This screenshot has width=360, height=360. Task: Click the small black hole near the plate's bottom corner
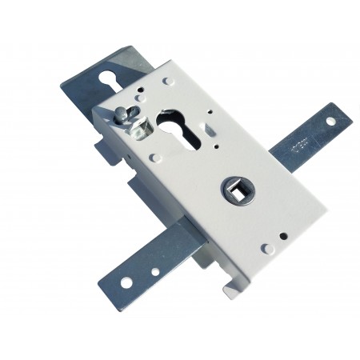tap(283, 236)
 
